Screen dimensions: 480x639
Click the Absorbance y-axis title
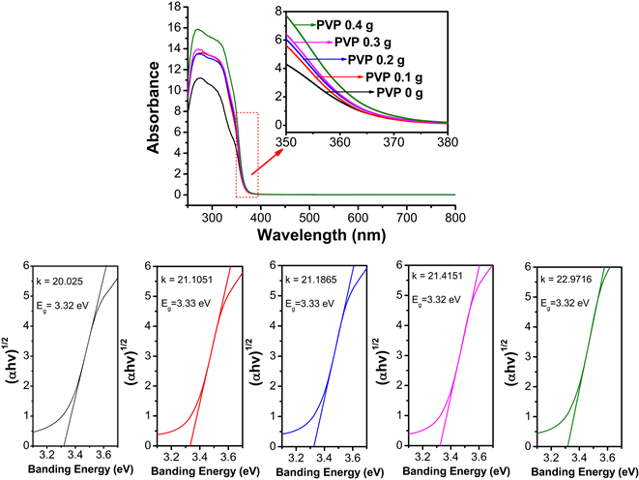click(154, 106)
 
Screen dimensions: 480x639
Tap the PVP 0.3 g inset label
click(366, 42)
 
